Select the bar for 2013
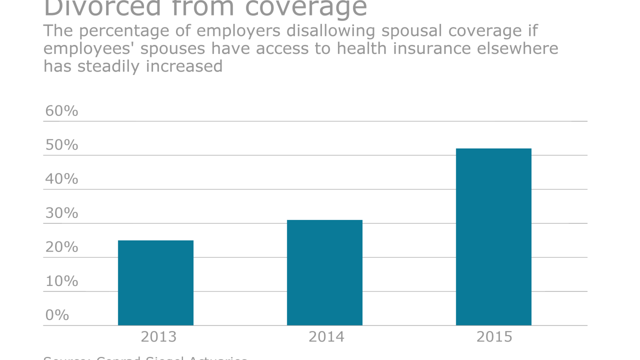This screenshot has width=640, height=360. point(155,283)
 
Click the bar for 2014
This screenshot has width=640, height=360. point(324,272)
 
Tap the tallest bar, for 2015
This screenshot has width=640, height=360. point(493,237)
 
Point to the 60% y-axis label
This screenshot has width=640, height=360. point(61,111)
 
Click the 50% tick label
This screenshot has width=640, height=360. point(61,145)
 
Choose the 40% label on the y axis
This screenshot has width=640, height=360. point(61,179)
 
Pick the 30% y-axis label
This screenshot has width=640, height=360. point(61,213)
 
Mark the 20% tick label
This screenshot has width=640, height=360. point(61,247)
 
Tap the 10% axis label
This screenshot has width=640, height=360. point(61,281)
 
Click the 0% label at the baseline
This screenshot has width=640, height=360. point(57,315)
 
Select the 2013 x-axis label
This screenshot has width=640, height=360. point(158,337)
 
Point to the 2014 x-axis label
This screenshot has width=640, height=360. point(326,337)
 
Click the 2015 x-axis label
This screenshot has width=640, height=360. point(494,337)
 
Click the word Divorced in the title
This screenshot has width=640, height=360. point(102,8)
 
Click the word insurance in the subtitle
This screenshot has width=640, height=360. point(434,48)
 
